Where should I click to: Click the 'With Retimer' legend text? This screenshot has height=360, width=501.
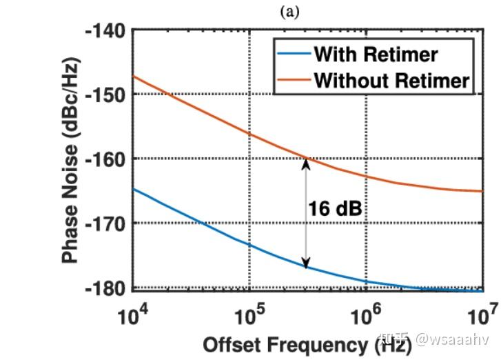point(376,54)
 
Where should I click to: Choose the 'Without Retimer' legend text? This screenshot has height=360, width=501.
point(391,80)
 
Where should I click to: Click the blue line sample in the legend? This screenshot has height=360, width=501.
point(292,54)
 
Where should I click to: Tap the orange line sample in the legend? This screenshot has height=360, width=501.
point(292,80)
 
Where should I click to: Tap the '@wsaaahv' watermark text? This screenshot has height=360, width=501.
point(452,339)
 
